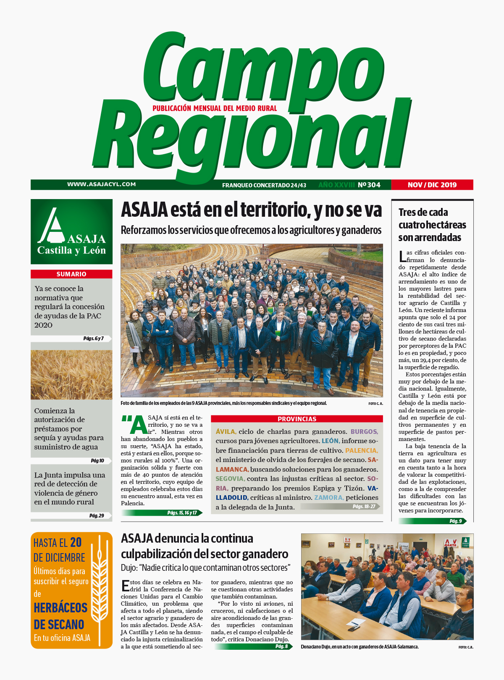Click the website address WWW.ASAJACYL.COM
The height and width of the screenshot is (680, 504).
[x=101, y=184]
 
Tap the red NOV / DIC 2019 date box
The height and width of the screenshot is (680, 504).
[x=432, y=185]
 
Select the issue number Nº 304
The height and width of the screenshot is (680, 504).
[x=369, y=185]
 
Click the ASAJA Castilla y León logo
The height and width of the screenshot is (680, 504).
[x=71, y=232]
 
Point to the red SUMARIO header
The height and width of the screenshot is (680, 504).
[x=71, y=274]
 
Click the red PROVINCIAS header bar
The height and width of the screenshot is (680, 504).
[x=297, y=419]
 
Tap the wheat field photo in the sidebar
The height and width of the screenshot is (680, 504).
[x=71, y=375]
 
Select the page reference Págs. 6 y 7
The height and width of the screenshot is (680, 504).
[x=93, y=339]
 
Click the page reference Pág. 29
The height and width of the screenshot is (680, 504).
[x=96, y=516]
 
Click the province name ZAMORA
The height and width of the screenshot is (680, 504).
[x=329, y=498]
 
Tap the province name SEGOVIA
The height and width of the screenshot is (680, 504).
[x=230, y=479]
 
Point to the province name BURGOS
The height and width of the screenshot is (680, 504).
[x=364, y=432]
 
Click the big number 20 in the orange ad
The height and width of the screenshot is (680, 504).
[x=76, y=543]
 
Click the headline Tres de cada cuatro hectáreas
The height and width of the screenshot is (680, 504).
[x=432, y=225]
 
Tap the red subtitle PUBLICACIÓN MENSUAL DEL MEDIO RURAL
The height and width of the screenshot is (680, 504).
[x=215, y=108]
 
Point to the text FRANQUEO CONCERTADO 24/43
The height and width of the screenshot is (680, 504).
[x=264, y=185]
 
